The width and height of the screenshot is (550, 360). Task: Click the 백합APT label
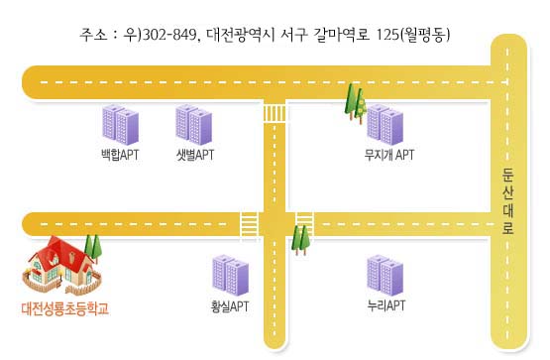[x=120, y=155]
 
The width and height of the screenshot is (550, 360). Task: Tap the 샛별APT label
[x=195, y=155]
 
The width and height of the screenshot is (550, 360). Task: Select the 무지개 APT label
[x=389, y=155]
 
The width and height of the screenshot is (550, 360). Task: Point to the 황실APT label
[x=230, y=306]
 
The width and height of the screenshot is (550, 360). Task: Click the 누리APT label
[x=386, y=305]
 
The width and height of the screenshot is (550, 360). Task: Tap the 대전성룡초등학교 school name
[x=64, y=308]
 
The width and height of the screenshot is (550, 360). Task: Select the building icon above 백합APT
[x=120, y=125]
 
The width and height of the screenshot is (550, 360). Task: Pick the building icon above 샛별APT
[x=193, y=125]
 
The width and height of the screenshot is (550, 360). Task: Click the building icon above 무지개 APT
[x=385, y=125]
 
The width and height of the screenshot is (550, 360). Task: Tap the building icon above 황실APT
[x=231, y=276]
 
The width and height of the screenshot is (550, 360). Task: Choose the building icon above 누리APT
[x=385, y=276]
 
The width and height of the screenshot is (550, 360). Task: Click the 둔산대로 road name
[x=507, y=201]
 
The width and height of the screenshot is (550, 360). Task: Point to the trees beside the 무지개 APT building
[x=356, y=103]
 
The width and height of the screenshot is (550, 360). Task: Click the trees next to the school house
[x=93, y=248]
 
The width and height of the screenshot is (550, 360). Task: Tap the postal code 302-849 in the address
[x=169, y=35]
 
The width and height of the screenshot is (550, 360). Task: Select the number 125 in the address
[x=387, y=35]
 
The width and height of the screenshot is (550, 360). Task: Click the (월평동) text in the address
[x=425, y=35]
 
